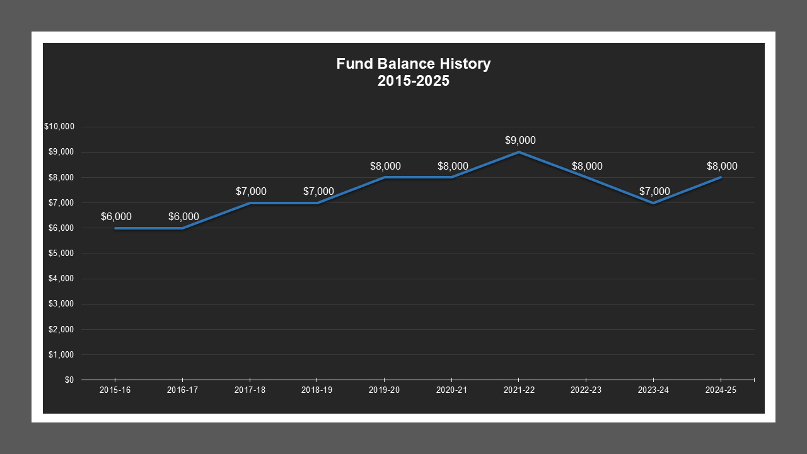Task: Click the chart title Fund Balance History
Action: pyautogui.click(x=413, y=64)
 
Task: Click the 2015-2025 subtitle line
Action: pyautogui.click(x=413, y=81)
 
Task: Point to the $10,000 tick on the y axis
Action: pyautogui.click(x=59, y=127)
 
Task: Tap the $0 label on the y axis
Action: pyautogui.click(x=68, y=380)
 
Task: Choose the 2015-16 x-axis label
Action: pyautogui.click(x=115, y=390)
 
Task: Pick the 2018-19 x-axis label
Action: pyautogui.click(x=316, y=390)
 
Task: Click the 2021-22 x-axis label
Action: pyautogui.click(x=519, y=390)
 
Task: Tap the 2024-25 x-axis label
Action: pyautogui.click(x=721, y=390)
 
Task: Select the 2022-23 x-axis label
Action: pyautogui.click(x=586, y=390)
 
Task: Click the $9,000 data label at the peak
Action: pyautogui.click(x=520, y=141)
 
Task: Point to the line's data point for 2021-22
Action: pyautogui.click(x=519, y=152)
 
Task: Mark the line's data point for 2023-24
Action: pyautogui.click(x=654, y=203)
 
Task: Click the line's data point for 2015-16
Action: pyautogui.click(x=115, y=228)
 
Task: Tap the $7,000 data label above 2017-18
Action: pyautogui.click(x=251, y=192)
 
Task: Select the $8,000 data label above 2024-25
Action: pyautogui.click(x=722, y=166)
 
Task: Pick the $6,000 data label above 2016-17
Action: pyautogui.click(x=183, y=217)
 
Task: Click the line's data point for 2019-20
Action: pyautogui.click(x=385, y=177)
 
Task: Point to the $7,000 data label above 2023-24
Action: pyautogui.click(x=654, y=192)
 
